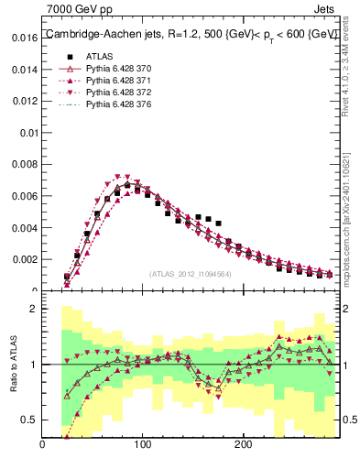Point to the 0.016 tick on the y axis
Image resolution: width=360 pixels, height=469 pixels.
click(x=22, y=38)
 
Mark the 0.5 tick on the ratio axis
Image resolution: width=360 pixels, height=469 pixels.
click(x=28, y=420)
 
